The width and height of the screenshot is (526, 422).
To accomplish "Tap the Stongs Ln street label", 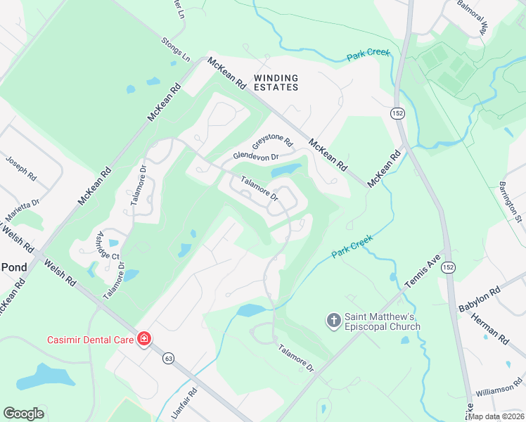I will point(176,47).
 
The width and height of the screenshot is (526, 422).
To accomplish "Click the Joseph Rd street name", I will point(21,169).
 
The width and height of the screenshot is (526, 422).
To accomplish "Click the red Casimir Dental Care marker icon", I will point(143,340).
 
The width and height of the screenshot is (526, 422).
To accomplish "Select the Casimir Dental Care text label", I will point(90,340).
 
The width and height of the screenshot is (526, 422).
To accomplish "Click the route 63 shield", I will point(168,359).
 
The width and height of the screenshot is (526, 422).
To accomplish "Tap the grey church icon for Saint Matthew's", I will point(334,321).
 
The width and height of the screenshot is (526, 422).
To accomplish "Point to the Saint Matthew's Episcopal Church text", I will point(382,321).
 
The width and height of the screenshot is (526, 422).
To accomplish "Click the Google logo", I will point(23,414).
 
